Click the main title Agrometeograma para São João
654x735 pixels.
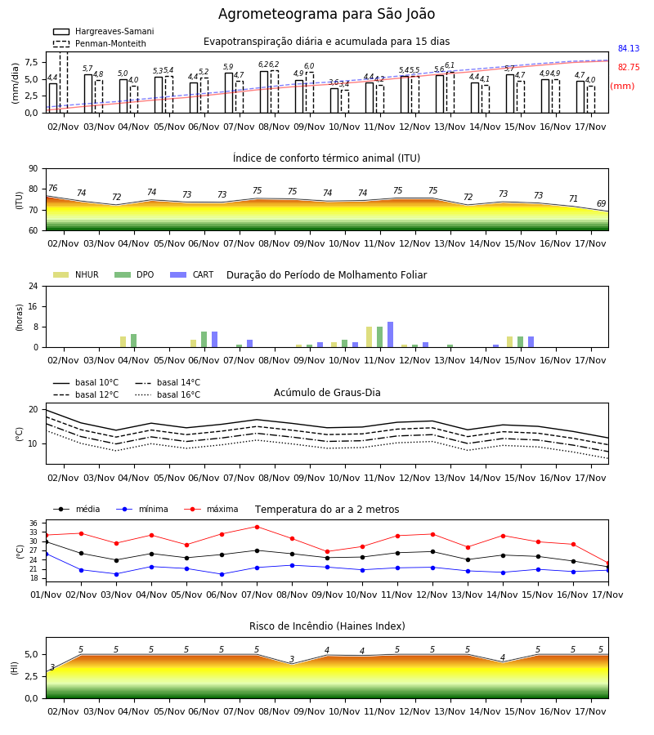pos(326,14)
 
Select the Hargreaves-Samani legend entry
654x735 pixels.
pos(104,31)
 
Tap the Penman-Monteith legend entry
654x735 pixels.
pos(100,43)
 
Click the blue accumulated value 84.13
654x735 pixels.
pos(629,48)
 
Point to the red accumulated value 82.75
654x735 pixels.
pos(629,67)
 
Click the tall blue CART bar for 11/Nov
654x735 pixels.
pos(390,335)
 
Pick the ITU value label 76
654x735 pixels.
pos(52,188)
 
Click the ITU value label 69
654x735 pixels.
pos(601,203)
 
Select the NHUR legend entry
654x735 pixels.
pos(76,274)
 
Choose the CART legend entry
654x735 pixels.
pos(192,274)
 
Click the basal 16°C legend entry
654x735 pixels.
pos(168,394)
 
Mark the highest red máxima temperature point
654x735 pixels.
pos(257,527)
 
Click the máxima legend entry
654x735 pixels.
pos(211,509)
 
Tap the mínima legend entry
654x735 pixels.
pos(142,509)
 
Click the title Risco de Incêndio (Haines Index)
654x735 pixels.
pos(327,626)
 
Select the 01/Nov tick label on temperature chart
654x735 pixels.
pos(46,595)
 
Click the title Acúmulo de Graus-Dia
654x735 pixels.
pos(327,392)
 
